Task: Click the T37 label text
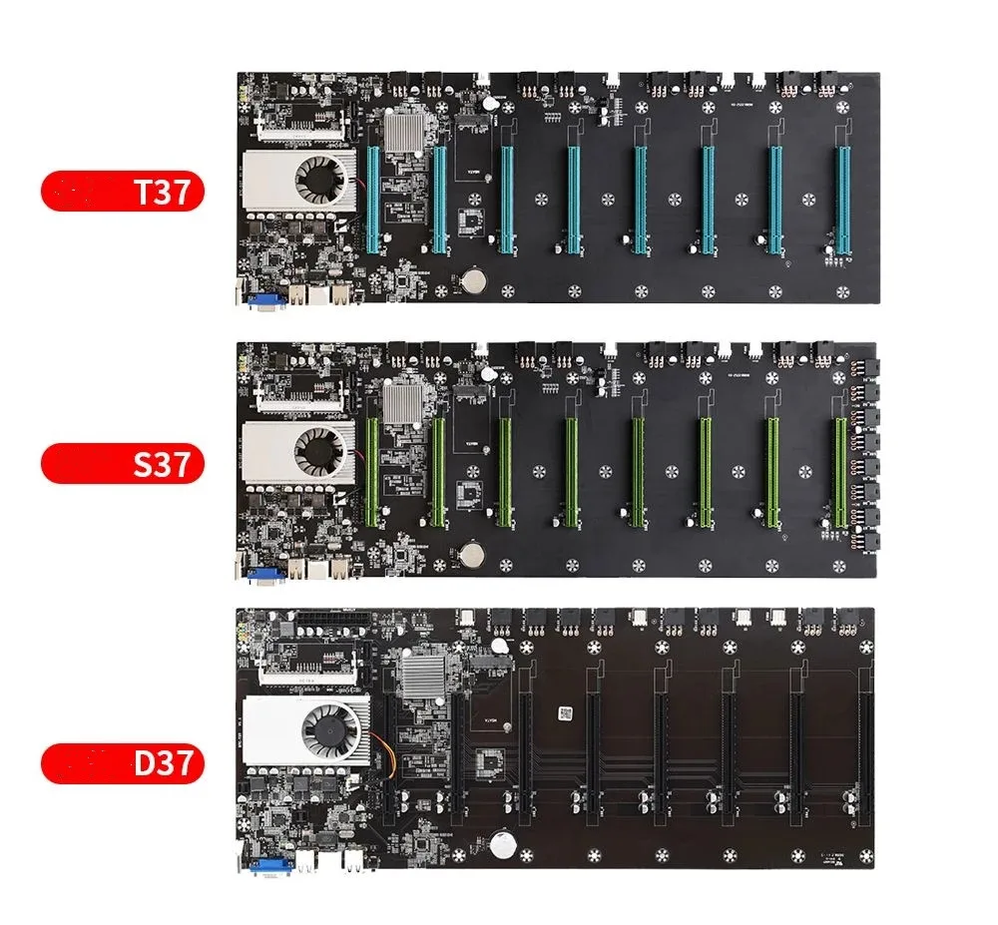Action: [x=161, y=193]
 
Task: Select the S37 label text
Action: [x=161, y=464]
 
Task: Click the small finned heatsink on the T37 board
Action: [x=408, y=133]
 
